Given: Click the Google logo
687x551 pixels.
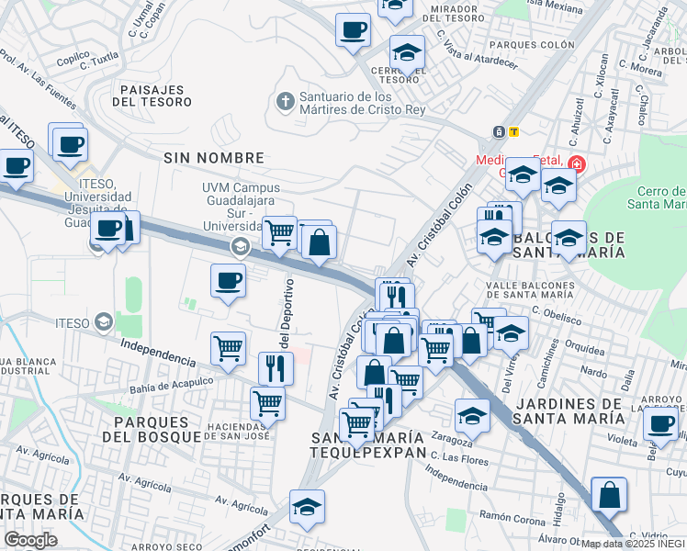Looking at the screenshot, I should pyautogui.click(x=29, y=540).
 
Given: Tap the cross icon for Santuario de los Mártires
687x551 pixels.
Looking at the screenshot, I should pyautogui.click(x=286, y=100).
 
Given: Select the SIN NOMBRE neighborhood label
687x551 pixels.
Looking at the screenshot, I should pyautogui.click(x=214, y=158).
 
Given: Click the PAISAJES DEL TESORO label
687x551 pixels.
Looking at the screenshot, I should pyautogui.click(x=152, y=95).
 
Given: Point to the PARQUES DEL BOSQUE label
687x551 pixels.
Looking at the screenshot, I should pyautogui.click(x=157, y=428).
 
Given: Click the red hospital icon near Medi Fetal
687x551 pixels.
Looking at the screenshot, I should pyautogui.click(x=576, y=164).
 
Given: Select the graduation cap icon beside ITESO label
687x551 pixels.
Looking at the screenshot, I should pyautogui.click(x=103, y=322).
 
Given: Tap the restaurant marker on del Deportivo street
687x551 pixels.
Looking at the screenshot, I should pyautogui.click(x=276, y=367).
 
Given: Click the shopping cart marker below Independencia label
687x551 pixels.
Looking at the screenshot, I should pyautogui.click(x=228, y=347).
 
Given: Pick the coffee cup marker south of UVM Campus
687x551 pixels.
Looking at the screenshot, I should pyautogui.click(x=228, y=280).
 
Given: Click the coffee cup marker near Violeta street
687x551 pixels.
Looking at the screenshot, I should pyautogui.click(x=660, y=423).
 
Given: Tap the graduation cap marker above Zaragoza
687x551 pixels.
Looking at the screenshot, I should pyautogui.click(x=473, y=415).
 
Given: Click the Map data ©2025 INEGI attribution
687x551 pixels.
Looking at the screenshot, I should pyautogui.click(x=633, y=544).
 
